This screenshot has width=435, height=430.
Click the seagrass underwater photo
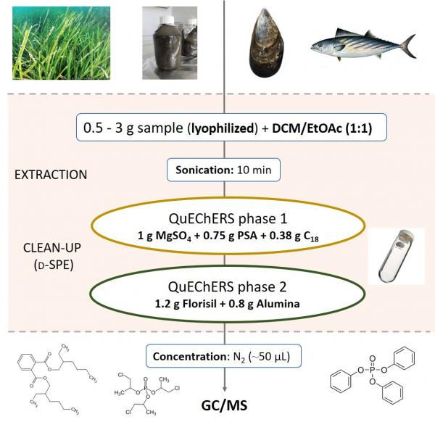point(62,43)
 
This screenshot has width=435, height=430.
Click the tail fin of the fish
point(409,46)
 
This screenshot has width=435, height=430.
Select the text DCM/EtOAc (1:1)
point(322,128)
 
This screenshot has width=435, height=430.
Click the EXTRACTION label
point(51,175)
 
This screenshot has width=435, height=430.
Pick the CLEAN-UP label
point(52,248)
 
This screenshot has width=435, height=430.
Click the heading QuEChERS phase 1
point(228,218)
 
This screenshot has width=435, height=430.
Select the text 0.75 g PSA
point(233,236)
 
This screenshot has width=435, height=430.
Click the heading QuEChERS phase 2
point(227,287)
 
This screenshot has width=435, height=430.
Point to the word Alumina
point(278,304)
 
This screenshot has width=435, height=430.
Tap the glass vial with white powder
point(396,256)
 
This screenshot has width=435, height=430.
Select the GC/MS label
point(224,405)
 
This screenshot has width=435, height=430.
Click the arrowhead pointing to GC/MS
point(225,389)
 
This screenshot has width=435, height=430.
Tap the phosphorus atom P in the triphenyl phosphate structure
point(373,370)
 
